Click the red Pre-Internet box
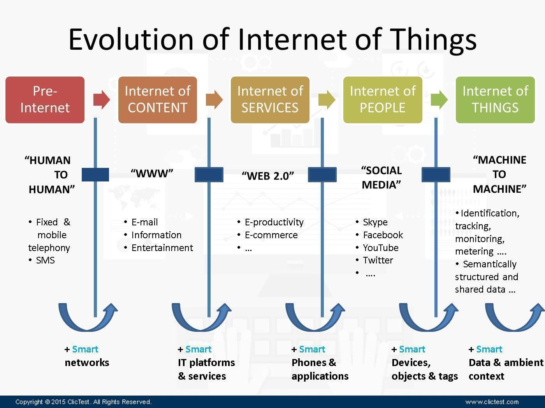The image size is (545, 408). coord(45,99)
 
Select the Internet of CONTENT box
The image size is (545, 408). coord(157,99)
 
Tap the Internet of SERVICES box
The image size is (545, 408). coord(270,99)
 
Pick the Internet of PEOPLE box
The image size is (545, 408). coord(382,99)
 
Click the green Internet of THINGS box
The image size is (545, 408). coord(495,99)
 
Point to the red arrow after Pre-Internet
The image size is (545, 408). coord(101,99)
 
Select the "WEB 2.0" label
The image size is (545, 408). coord(268,176)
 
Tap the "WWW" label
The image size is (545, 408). coord(152,173)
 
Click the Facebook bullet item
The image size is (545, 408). coord(383,235)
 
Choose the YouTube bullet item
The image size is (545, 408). coord(380,248)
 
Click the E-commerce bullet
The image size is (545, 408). coord(271,235)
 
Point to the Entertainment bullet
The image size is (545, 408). coord(162,248)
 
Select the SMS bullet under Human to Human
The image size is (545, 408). coord(45,260)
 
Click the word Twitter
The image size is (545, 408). coord(378,260)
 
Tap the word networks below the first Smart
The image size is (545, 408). coord(87,363)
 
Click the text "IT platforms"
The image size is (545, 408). coord(206,363)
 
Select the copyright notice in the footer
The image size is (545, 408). coord(83,402)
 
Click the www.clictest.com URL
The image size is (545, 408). coord(492,402)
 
